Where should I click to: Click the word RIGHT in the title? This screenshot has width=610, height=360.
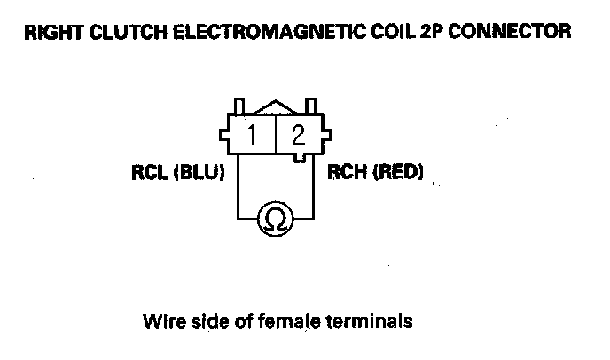point(52,34)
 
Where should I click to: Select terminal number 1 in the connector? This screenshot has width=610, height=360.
point(252,136)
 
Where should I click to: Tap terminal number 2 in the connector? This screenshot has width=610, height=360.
point(299,136)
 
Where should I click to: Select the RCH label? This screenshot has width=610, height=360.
point(344,172)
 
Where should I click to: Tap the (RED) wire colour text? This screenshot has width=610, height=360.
point(395,172)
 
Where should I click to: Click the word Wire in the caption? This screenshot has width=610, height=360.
point(161,320)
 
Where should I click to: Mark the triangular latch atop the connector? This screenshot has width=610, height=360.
point(274,107)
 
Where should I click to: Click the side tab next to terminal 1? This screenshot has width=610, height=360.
point(223,136)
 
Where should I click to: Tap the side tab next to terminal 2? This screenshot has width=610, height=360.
point(327,136)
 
